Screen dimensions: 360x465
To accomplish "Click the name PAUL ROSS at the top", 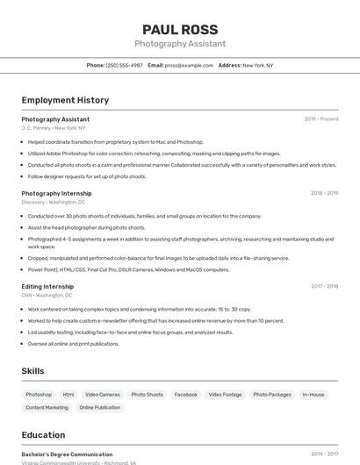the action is pos(180,29).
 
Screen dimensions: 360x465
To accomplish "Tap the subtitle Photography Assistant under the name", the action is pos(180,44).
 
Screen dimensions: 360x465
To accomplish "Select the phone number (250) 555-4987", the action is pos(124,65).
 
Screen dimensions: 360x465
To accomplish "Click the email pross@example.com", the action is pos(189,65).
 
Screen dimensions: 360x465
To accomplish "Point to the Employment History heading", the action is pos(65,100).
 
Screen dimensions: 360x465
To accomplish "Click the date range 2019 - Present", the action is pos(320,119).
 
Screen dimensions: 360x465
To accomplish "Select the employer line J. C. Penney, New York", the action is pos(54,128).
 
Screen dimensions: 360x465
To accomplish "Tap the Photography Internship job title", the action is pos(56,193).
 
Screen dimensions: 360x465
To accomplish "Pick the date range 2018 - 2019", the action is pos(324,193).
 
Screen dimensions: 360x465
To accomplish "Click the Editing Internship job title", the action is pos(47,286).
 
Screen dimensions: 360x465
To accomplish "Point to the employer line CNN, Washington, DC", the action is pos(47,295).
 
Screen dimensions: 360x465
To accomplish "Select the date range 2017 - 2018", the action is pos(324,286).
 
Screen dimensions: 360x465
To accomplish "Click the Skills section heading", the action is pos(32,371).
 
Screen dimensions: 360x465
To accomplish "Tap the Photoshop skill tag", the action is pos(39,395).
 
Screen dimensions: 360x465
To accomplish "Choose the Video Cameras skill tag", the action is pos(103,395).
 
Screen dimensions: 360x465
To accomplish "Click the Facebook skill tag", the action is pos(185,395).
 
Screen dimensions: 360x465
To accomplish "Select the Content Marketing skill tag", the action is pos(47,407).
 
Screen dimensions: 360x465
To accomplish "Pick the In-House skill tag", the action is pos(313,395).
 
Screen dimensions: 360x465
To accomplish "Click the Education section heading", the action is pos(43,435).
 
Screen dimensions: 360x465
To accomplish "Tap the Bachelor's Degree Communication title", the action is pos(67,454).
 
